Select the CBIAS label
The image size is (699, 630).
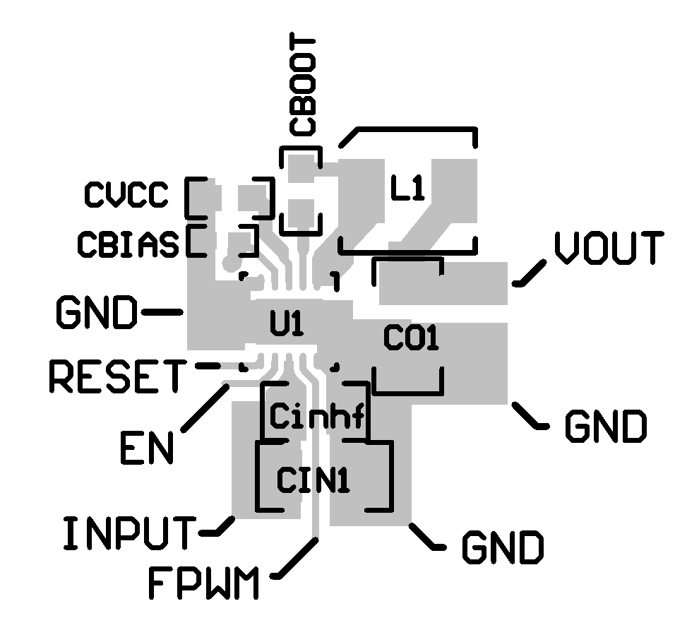(x=128, y=244)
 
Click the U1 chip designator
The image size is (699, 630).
(x=287, y=326)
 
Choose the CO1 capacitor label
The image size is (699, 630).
(x=411, y=340)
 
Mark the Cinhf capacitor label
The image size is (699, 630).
(x=317, y=417)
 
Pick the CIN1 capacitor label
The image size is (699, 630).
(x=312, y=481)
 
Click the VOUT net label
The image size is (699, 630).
(x=608, y=249)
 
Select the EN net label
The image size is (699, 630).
(x=146, y=447)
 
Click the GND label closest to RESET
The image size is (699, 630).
(x=97, y=312)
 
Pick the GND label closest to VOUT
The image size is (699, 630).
(x=605, y=427)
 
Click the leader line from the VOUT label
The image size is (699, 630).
(x=530, y=274)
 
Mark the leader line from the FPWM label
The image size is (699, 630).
(x=295, y=558)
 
